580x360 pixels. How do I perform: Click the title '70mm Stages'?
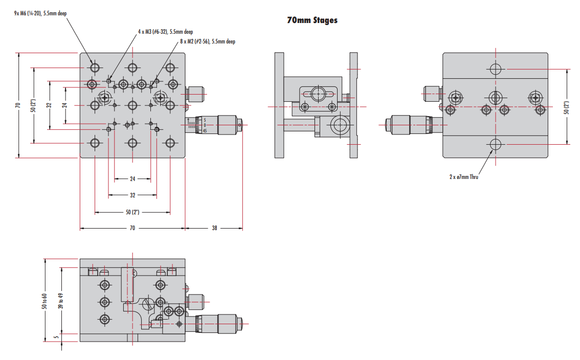[312, 20]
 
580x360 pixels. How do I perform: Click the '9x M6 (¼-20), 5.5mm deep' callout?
[40, 13]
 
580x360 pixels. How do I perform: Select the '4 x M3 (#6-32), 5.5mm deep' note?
[165, 32]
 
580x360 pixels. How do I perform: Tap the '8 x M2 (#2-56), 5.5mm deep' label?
[208, 41]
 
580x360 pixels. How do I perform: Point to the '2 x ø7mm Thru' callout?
[463, 177]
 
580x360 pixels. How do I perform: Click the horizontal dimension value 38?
[214, 228]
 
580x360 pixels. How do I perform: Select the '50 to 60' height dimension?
[44, 301]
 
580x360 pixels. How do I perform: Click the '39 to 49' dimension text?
[61, 301]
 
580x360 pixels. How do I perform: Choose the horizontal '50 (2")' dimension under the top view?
[132, 212]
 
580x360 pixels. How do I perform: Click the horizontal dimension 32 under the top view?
[132, 195]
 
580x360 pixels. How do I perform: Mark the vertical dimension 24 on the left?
[65, 105]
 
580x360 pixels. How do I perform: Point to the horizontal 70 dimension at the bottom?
[132, 228]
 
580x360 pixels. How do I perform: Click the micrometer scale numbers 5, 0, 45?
[205, 125]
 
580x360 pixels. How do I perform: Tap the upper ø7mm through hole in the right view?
[495, 69]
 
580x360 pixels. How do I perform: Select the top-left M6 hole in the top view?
[95, 67]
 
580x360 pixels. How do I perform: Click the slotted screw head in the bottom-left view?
[148, 304]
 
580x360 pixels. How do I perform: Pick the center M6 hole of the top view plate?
[132, 105]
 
